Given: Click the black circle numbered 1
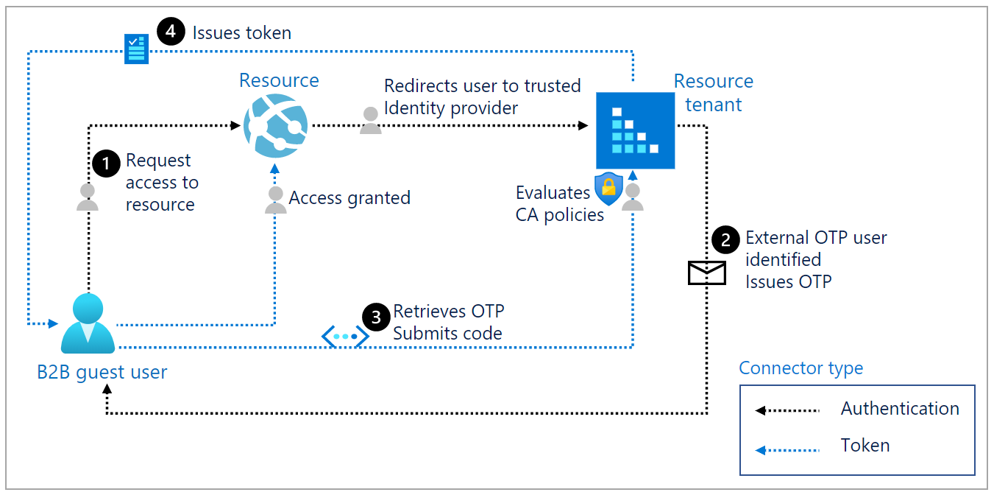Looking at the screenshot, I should (106, 164).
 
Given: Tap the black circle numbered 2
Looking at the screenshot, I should (726, 239).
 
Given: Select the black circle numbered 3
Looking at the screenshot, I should (376, 317).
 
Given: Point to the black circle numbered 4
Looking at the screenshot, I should (171, 33).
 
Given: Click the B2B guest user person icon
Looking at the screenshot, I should (88, 323).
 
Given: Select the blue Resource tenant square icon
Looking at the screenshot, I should (635, 130).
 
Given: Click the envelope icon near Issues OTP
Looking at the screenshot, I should (706, 273).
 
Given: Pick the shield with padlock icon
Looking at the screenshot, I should (608, 189).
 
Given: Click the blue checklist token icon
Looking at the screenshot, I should (136, 48).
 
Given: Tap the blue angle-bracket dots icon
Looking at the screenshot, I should (345, 337).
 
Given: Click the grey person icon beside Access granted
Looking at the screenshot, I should (276, 200).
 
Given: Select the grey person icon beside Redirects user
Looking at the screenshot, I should (371, 120).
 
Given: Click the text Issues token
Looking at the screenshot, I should (241, 33).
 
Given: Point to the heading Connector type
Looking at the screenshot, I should (800, 368).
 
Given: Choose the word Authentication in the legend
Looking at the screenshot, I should (900, 409).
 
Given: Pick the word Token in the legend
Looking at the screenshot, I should (865, 446).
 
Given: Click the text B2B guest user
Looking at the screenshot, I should (102, 372).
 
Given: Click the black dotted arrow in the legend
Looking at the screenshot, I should (787, 410).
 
